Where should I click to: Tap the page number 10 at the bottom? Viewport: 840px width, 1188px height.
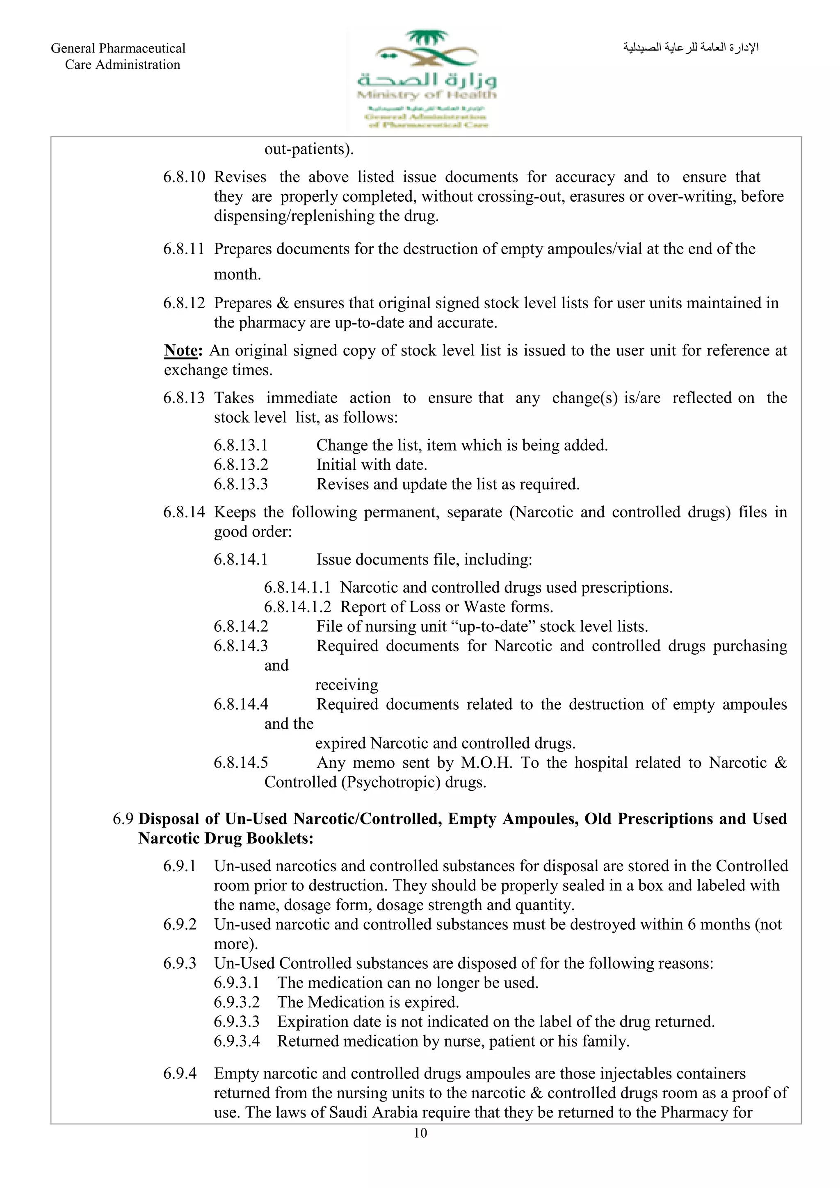pyautogui.click(x=420, y=1133)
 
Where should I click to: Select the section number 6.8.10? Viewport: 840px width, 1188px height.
pyautogui.click(x=184, y=177)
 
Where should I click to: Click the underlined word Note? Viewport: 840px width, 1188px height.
pyautogui.click(x=180, y=350)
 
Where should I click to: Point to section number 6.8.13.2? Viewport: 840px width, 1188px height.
pyautogui.click(x=241, y=464)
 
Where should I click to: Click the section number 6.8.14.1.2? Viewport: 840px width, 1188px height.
pyautogui.click(x=297, y=606)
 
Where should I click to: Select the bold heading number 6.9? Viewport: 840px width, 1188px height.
pyautogui.click(x=123, y=819)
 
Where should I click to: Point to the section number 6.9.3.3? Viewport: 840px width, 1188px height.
pyautogui.click(x=237, y=1022)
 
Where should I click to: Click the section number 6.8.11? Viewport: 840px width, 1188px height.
pyautogui.click(x=184, y=249)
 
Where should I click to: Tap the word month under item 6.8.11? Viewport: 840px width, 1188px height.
pyautogui.click(x=237, y=274)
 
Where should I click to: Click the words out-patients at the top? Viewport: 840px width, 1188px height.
pyautogui.click(x=308, y=149)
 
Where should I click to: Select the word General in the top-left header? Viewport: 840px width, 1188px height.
pyautogui.click(x=73, y=48)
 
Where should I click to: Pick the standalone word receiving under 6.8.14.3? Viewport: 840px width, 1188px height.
pyautogui.click(x=347, y=685)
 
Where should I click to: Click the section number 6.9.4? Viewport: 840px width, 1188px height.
pyautogui.click(x=180, y=1073)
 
